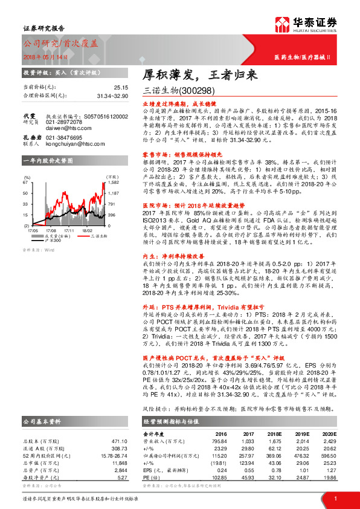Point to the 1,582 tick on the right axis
(112, 181)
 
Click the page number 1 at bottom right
(335, 498)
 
